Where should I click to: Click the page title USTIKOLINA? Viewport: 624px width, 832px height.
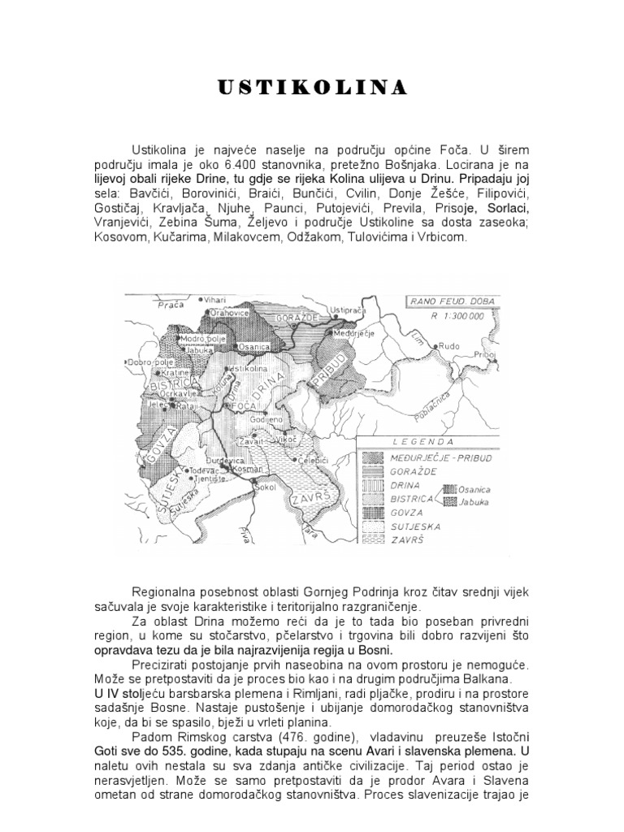click(312, 88)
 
